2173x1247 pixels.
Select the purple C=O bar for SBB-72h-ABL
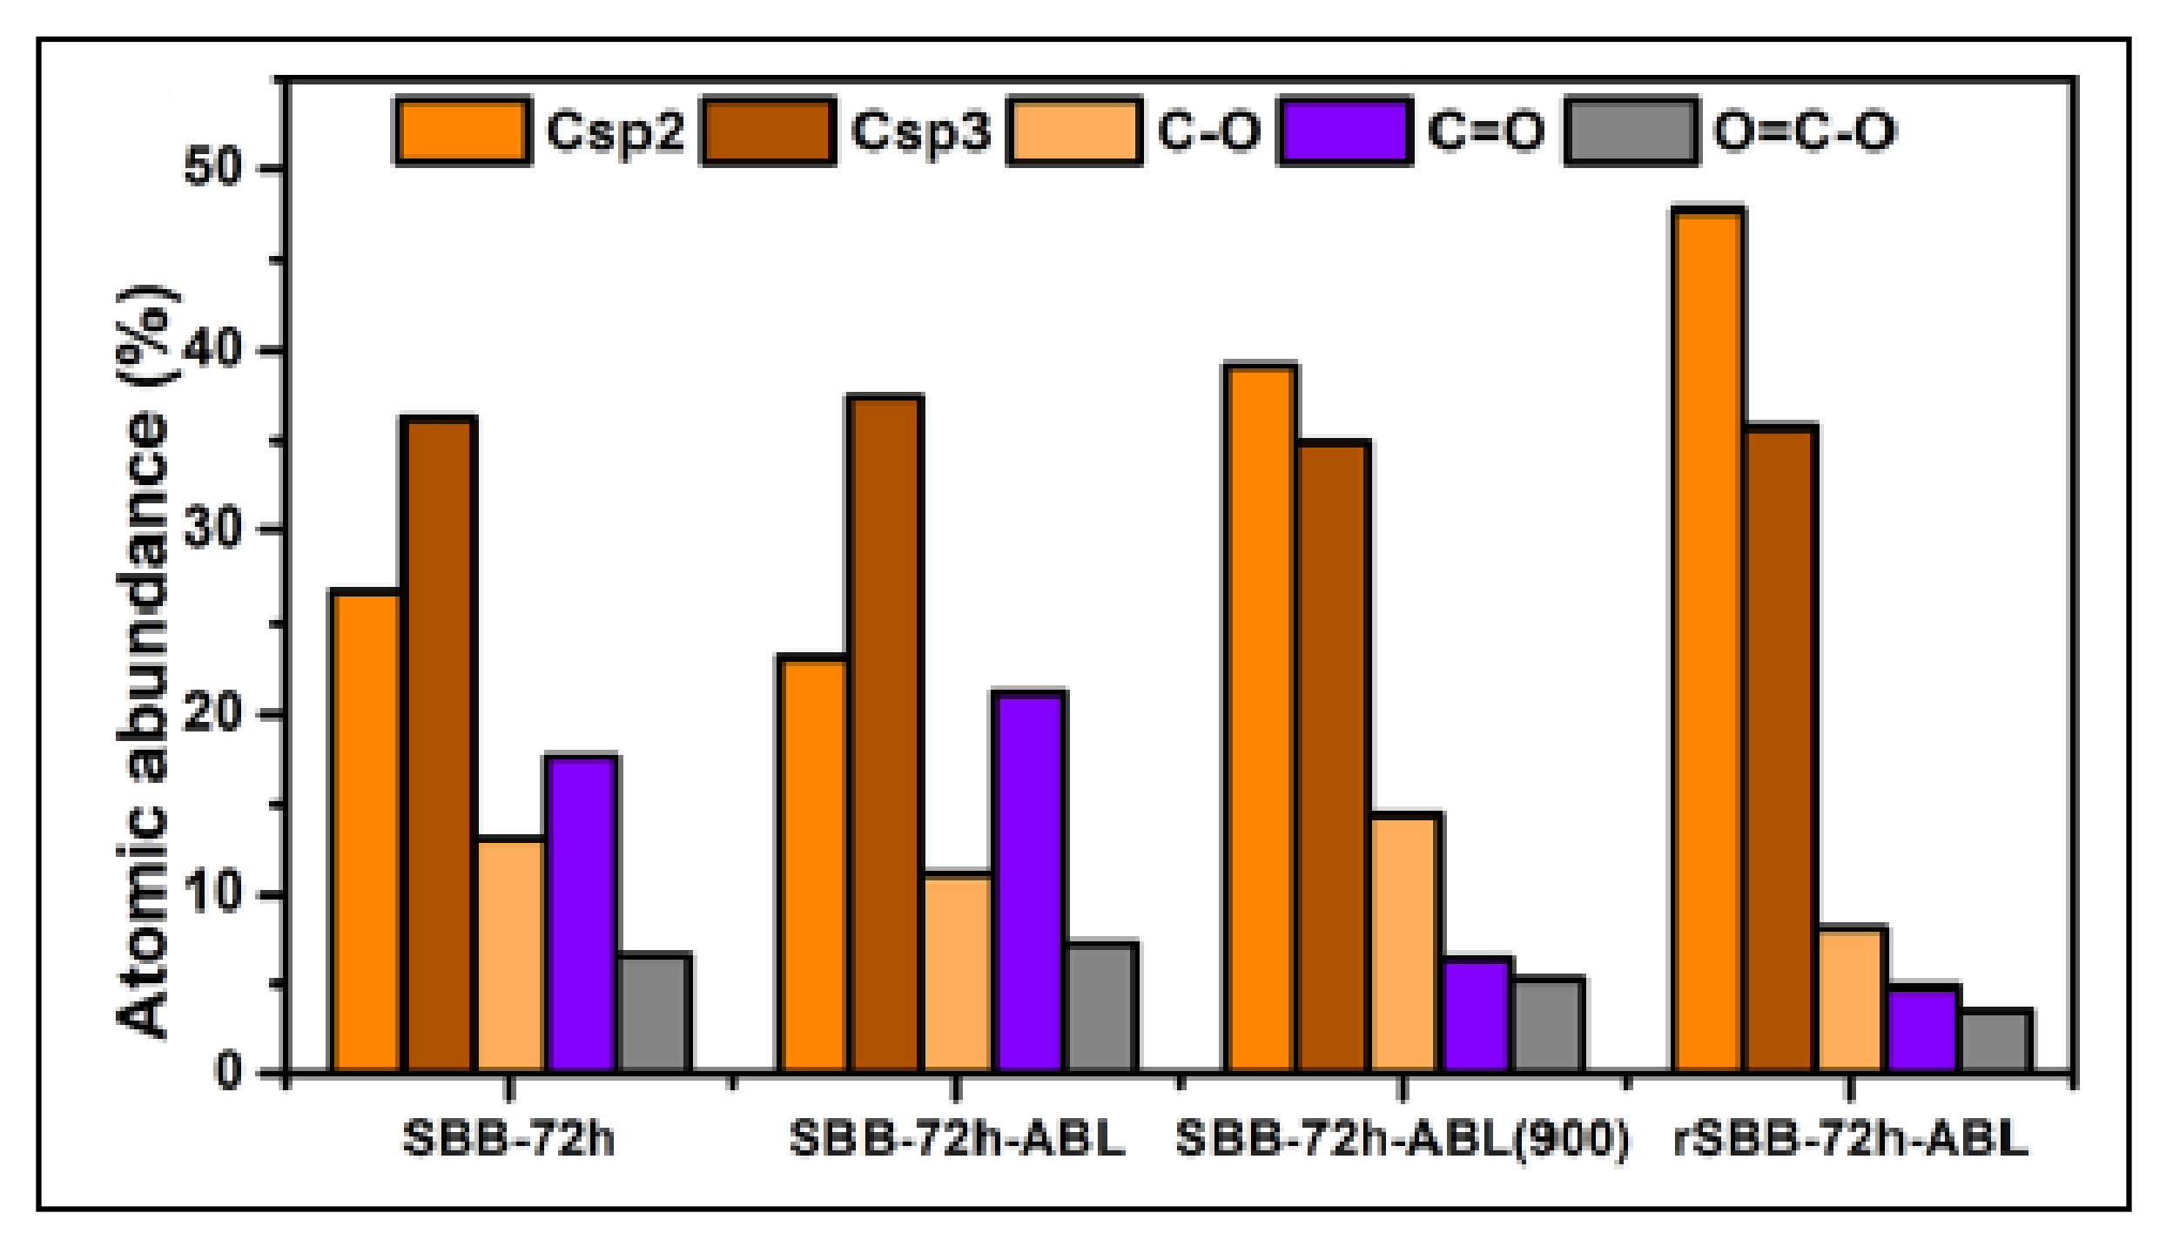tap(1030, 880)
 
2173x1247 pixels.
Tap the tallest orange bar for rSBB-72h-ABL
tap(1707, 640)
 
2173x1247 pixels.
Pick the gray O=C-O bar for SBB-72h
tap(655, 1013)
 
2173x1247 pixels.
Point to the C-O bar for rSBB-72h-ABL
tap(1852, 1000)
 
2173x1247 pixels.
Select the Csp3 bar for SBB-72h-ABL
tap(885, 733)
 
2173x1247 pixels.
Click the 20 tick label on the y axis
tap(212, 714)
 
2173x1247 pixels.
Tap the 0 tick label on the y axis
tap(228, 1071)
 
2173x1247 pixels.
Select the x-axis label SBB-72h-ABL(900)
tap(1402, 1139)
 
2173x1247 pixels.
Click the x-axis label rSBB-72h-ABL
tap(1850, 1139)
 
